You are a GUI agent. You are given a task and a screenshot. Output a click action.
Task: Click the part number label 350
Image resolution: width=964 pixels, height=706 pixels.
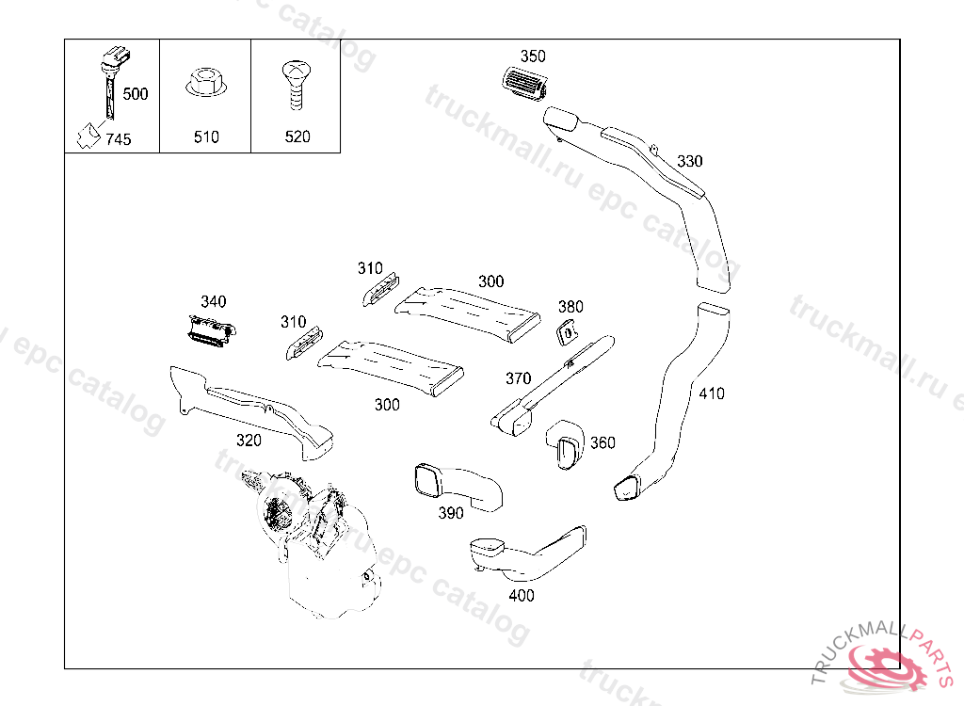(533, 56)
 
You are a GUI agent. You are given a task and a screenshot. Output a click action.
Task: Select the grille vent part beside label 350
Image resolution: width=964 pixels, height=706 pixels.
(522, 83)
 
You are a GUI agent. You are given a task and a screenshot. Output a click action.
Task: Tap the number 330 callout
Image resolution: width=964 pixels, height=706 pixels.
(690, 161)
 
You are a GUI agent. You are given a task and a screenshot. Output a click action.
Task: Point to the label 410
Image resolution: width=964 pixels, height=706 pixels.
(712, 393)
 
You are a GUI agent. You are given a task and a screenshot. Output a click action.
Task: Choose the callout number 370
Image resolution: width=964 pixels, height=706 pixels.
(518, 378)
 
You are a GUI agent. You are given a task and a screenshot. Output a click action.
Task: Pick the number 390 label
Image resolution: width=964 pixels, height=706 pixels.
(451, 513)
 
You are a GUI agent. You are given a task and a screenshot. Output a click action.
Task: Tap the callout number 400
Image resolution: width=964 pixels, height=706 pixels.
(521, 595)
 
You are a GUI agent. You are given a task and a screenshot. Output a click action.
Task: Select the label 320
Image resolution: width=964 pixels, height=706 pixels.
(249, 440)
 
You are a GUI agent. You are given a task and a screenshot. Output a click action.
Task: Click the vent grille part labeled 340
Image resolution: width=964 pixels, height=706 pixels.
(208, 330)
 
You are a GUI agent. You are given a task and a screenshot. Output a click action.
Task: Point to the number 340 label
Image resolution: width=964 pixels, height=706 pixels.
(214, 301)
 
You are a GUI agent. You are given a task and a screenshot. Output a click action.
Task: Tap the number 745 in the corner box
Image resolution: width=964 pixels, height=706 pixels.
(119, 139)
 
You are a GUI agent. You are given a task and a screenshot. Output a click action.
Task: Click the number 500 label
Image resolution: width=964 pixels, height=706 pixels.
(136, 94)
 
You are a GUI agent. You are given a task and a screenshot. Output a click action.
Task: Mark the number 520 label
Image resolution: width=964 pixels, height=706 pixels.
(297, 136)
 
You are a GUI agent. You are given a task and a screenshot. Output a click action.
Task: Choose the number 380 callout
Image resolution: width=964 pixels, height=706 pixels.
(570, 306)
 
